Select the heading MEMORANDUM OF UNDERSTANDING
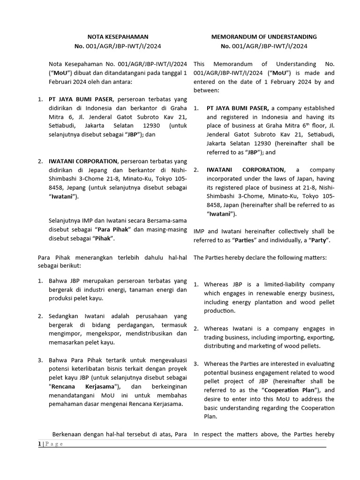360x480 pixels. [264, 37]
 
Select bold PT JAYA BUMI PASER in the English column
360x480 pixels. [237, 108]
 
